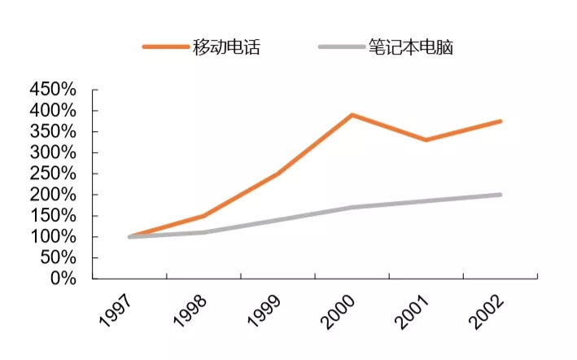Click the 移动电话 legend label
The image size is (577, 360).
click(x=227, y=47)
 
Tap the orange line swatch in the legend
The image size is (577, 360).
click(x=166, y=47)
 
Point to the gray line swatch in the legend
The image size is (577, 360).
click(x=342, y=47)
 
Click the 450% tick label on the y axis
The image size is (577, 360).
click(x=52, y=90)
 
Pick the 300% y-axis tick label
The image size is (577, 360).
click(x=52, y=153)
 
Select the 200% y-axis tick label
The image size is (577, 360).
click(x=52, y=195)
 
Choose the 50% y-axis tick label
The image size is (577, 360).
click(x=58, y=258)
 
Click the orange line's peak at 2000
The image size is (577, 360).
click(x=352, y=115)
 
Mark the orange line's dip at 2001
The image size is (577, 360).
click(x=426, y=140)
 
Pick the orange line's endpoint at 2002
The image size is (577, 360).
click(x=500, y=121)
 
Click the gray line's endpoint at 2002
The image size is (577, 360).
click(x=500, y=195)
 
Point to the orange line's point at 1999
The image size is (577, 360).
click(x=278, y=173)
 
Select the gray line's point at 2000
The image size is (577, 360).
click(x=352, y=207)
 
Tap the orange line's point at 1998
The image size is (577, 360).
click(x=203, y=216)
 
